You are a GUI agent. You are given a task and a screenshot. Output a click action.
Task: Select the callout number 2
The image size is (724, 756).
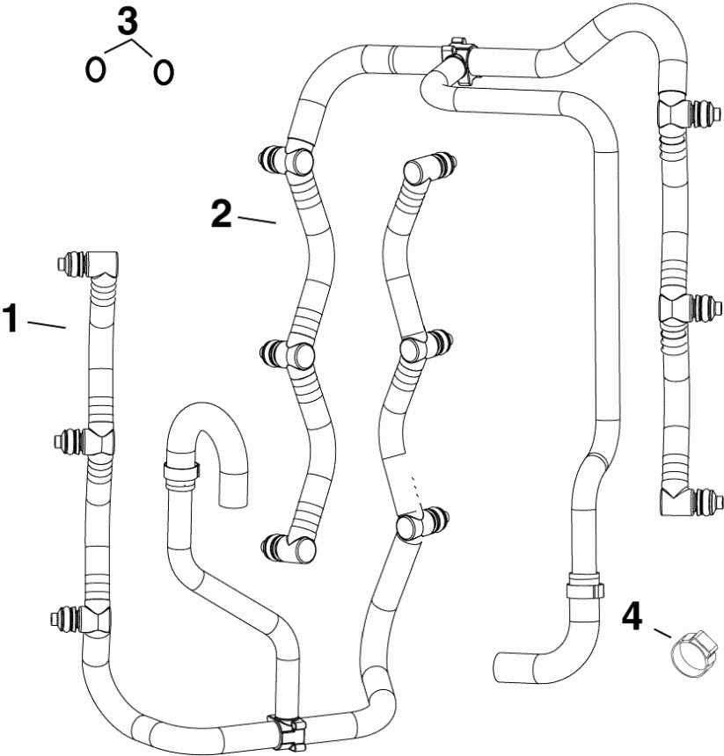tap(222, 213)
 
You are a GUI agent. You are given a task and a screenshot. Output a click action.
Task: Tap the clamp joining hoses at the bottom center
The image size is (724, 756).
tap(288, 729)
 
